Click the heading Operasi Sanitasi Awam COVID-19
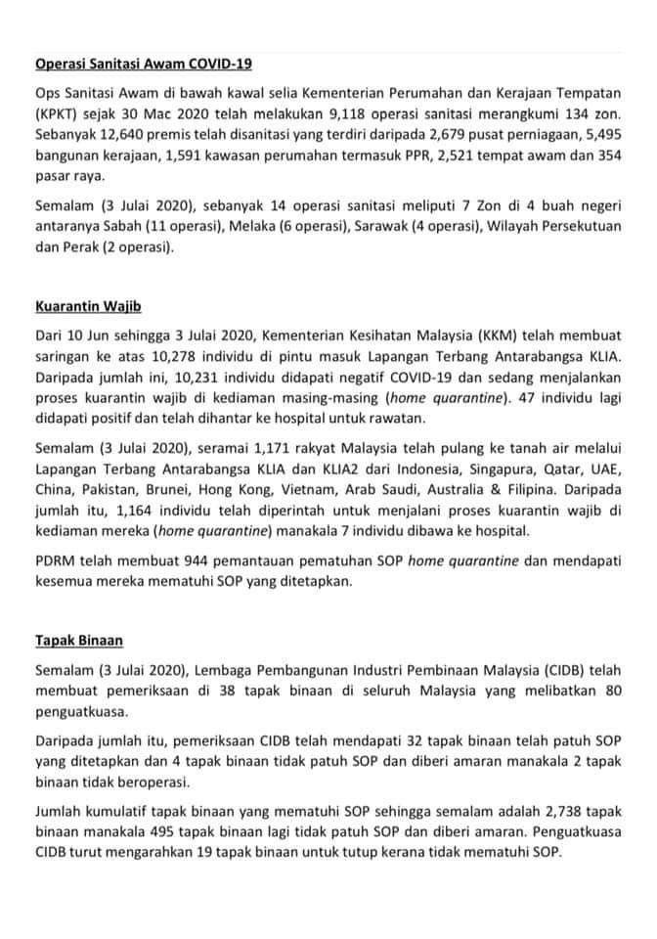click(143, 64)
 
